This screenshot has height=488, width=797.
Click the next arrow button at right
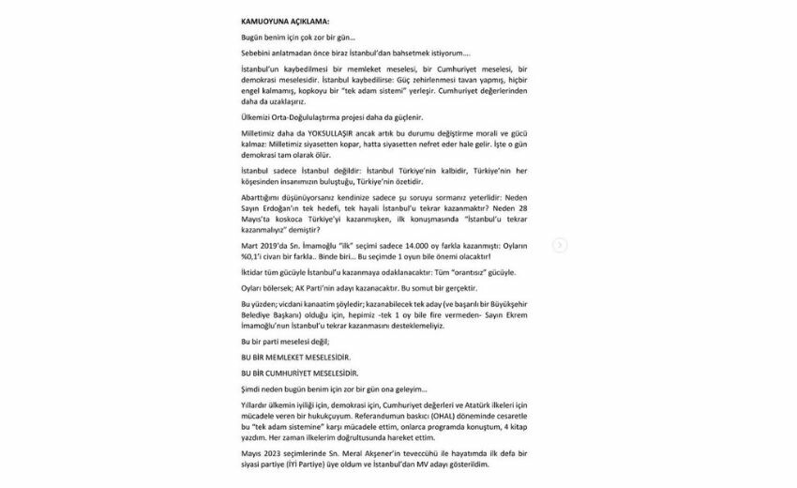[560, 245]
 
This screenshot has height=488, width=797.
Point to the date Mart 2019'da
[262, 247]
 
